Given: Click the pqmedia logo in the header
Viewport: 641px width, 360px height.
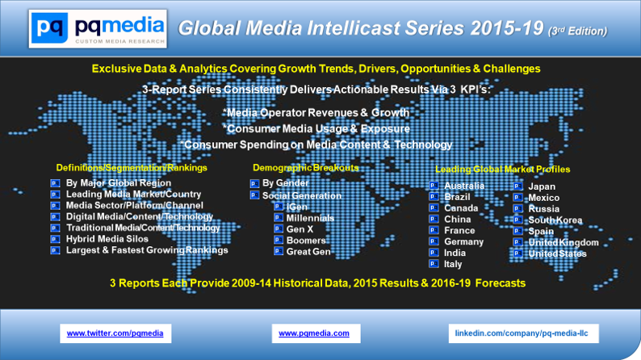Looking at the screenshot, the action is click(98, 28).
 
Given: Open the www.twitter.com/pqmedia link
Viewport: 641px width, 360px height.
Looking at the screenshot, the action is click(115, 333).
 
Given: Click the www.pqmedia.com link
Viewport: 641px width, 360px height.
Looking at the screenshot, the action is click(314, 333).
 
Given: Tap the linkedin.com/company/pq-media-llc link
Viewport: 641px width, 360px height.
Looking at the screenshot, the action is click(522, 333).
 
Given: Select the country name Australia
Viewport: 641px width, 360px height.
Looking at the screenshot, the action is click(464, 186).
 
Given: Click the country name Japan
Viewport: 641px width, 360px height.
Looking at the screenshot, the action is click(542, 186).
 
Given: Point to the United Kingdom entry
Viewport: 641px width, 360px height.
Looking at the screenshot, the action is click(563, 242).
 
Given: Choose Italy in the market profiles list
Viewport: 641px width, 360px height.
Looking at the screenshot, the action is click(453, 265).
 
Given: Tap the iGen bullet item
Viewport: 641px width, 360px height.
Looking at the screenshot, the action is click(297, 207).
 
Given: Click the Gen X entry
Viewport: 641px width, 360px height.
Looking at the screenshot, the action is click(300, 230).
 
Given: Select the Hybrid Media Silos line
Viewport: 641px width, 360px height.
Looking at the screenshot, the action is click(107, 239).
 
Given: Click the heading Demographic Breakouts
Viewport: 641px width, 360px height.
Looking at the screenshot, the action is click(305, 168).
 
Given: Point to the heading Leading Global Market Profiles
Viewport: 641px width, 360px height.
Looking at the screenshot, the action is click(502, 170).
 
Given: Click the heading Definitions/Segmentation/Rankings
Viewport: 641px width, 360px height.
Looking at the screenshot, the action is click(132, 168).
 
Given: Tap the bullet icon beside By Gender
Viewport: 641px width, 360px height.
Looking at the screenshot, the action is click(254, 183).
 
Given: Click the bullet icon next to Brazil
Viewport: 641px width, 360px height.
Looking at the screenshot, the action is click(434, 197).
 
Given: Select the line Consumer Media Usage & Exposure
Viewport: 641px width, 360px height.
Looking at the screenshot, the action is click(316, 129).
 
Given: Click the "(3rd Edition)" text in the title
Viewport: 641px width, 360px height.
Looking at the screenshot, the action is click(578, 31).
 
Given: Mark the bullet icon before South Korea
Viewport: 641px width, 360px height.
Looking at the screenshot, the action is click(518, 220).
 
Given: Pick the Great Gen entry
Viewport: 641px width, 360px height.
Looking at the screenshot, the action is click(308, 252).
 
